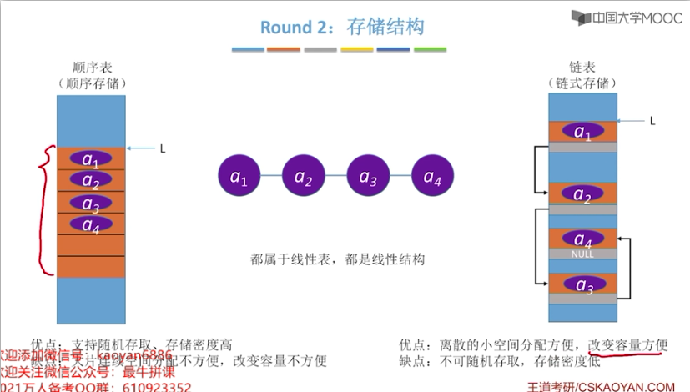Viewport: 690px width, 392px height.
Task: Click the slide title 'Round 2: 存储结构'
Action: [342, 27]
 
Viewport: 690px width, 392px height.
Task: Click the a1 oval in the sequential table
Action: [90, 158]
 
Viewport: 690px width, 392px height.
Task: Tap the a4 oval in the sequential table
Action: [90, 224]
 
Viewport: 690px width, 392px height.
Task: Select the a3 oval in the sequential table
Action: [90, 202]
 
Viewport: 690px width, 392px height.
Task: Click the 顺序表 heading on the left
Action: [90, 68]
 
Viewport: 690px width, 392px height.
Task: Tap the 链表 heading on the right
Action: [582, 68]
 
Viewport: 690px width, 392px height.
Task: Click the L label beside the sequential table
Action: [164, 148]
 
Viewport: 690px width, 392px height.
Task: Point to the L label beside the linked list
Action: [652, 120]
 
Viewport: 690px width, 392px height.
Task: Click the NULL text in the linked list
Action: [582, 254]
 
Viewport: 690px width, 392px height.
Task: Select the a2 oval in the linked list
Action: [582, 194]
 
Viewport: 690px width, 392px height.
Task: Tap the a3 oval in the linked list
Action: [582, 284]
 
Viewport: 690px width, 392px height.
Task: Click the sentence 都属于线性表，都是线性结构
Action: [338, 259]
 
